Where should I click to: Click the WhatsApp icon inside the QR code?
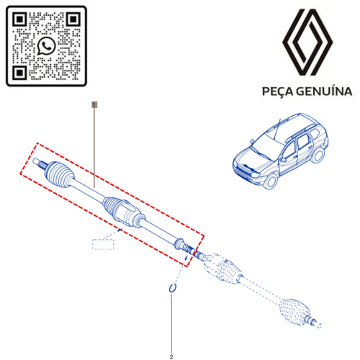point(46,45)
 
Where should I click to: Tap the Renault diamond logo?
point(307,42)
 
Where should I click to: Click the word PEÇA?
point(277,91)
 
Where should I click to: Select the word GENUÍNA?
point(324,91)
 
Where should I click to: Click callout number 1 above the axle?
point(94,104)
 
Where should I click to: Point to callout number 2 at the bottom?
point(171,357)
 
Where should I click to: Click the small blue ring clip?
point(172,288)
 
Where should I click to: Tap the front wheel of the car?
point(271,181)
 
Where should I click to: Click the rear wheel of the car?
point(318,156)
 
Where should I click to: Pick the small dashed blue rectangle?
point(103,244)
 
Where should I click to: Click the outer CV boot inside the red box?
point(59,174)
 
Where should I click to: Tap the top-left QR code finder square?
point(19,19)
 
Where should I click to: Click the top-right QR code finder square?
point(73,19)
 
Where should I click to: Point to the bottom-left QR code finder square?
point(19,73)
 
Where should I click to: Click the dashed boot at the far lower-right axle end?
point(294,312)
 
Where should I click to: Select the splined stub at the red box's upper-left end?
point(40,163)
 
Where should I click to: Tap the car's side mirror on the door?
point(284,159)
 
